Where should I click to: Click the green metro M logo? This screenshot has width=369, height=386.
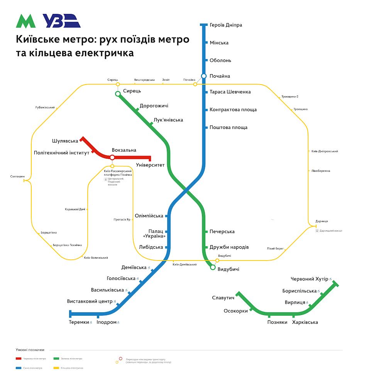coord(25,21)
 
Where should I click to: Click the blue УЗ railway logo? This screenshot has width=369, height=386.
coord(61,21)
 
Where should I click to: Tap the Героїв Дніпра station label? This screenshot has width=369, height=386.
coord(226,25)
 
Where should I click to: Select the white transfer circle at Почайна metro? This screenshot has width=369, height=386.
coord(204,76)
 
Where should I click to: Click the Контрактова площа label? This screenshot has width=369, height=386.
coord(233,110)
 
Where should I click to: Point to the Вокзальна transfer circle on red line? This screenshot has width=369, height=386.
coord(112,157)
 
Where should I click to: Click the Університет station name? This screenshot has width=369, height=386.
coord(150,165)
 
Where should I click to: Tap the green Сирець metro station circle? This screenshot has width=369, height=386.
coord(118,94)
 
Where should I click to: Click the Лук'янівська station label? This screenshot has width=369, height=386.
coord(168,120)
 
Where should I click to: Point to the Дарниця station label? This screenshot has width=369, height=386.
coord(322,221)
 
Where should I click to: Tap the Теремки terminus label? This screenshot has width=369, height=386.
coord(79,322)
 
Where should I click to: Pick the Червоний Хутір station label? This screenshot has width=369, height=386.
coord(309,279)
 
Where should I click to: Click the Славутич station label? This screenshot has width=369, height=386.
coord(223,298)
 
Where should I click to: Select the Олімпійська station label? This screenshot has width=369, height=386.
coord(149,216)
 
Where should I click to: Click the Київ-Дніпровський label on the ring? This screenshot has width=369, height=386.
coord(325,151)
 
